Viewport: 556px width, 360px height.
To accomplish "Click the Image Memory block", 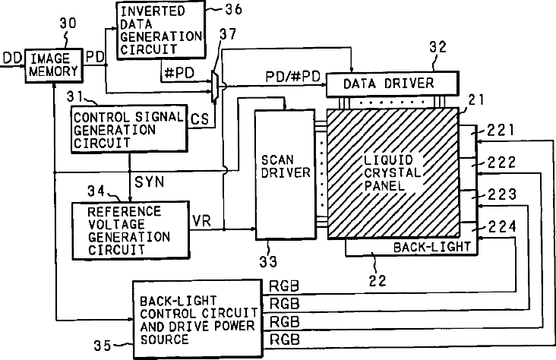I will (54, 65).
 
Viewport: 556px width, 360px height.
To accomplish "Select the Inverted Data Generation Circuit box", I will (160, 29).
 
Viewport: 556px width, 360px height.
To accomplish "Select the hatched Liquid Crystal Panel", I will (393, 174).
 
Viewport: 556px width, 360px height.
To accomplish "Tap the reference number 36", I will (228, 10).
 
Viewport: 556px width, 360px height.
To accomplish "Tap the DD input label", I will (11, 56).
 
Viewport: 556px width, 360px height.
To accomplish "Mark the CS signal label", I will (199, 119).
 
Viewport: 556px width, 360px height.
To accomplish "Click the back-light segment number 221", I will (501, 132).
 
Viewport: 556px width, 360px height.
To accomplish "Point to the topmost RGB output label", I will (285, 288).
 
